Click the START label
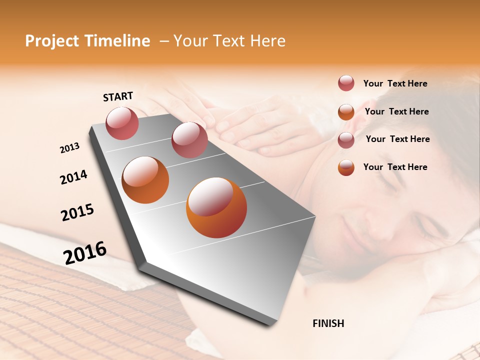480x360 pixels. coord(118,96)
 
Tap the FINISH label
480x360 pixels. coord(328,323)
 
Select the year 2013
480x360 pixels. coord(69,148)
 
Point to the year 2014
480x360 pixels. coord(73,177)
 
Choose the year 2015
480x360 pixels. coord(77,212)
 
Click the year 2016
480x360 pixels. coord(85,252)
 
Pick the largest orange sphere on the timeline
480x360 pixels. coord(216,207)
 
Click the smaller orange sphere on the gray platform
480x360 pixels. coord(145,180)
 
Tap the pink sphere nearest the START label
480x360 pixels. coord(122,123)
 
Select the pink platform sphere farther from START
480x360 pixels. coord(189,139)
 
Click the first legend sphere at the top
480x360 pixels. coord(346,83)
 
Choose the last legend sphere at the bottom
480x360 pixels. coord(346,167)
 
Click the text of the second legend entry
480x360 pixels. coord(396,111)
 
